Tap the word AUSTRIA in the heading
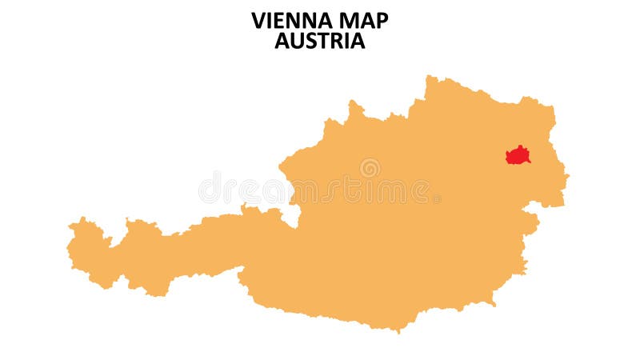pos(320,41)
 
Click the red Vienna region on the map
pos(518,155)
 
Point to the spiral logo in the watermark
pos(370,168)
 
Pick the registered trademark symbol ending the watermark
pos(437,197)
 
